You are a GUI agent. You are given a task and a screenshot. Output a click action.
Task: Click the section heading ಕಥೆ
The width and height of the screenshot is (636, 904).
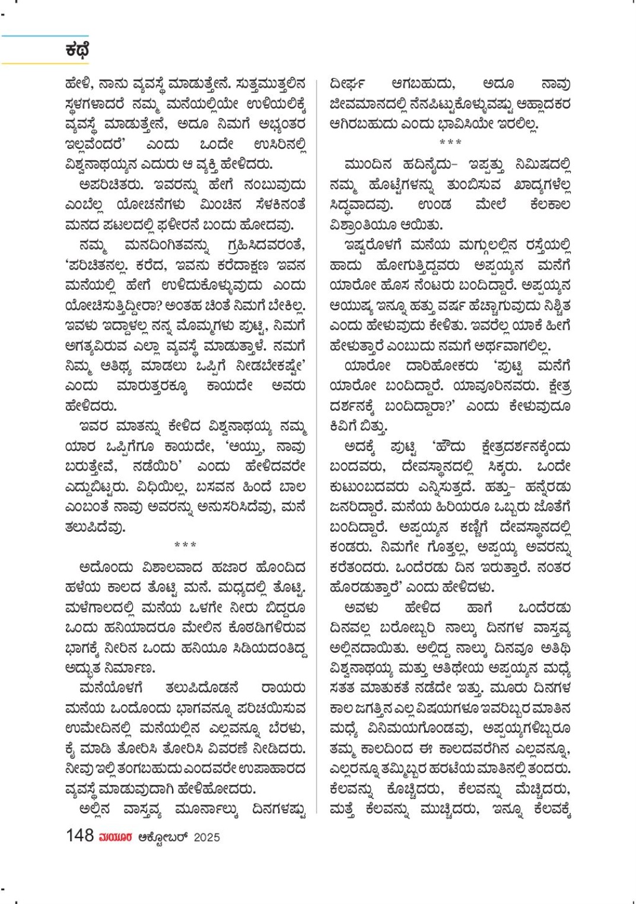click(x=77, y=50)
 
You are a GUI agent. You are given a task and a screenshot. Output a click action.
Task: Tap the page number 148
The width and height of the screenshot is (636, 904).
click(x=79, y=835)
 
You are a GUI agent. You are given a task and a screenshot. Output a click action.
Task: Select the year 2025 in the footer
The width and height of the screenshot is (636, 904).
click(x=206, y=837)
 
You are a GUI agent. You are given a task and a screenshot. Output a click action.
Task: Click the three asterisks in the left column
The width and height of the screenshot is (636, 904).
click(x=185, y=545)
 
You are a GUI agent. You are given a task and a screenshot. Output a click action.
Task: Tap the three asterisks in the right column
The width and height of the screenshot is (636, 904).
click(x=450, y=143)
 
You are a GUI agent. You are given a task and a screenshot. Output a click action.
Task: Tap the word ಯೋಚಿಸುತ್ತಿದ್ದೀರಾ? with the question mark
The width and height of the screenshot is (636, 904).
click(x=113, y=305)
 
